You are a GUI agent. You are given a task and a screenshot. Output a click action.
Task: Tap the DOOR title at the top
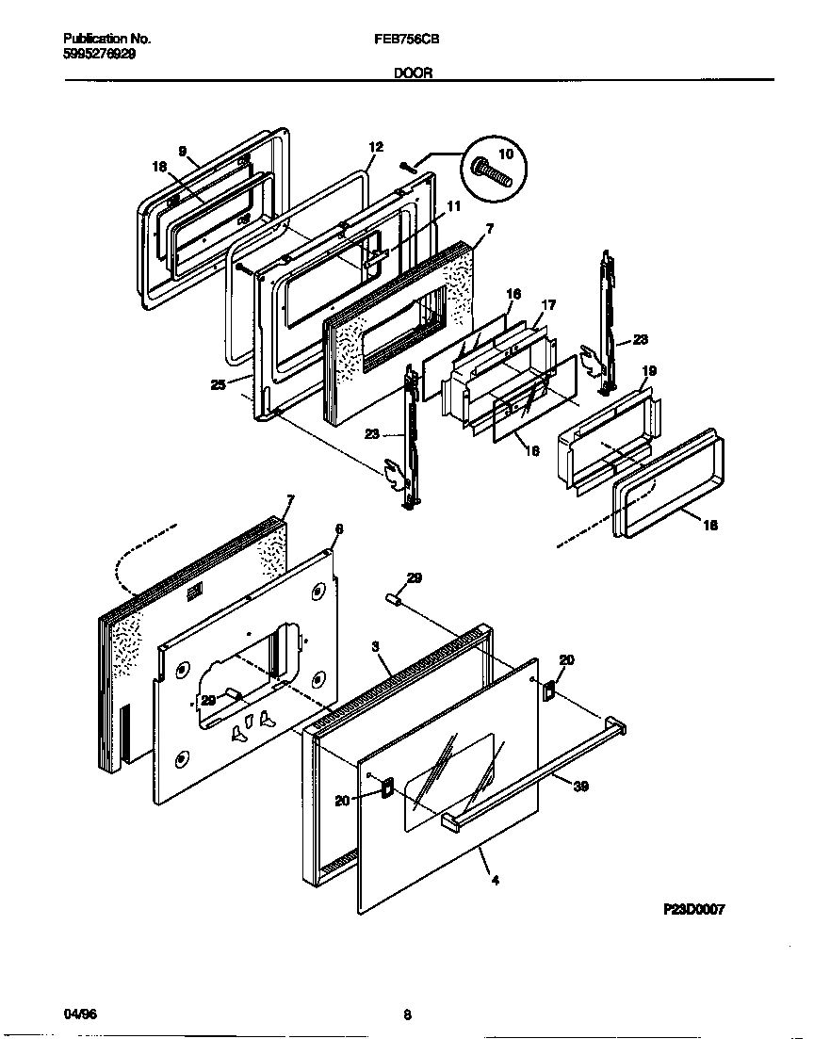click(x=413, y=73)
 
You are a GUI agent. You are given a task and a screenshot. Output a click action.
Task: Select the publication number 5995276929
click(x=99, y=55)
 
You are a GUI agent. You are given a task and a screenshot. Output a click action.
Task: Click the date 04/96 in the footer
click(x=80, y=1015)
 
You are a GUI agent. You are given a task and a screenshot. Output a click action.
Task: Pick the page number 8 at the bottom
click(x=407, y=1015)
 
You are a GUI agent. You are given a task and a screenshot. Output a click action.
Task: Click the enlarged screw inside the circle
click(x=494, y=171)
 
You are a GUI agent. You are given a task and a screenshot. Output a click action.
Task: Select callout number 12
click(x=376, y=147)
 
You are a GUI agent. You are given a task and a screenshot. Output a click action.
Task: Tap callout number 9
click(x=183, y=151)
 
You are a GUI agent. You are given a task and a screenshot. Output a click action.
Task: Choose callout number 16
click(x=513, y=294)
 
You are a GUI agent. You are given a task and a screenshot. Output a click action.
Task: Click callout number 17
click(x=548, y=304)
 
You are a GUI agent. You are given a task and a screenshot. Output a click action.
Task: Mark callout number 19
click(x=649, y=371)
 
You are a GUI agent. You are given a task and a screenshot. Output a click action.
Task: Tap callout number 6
click(x=339, y=529)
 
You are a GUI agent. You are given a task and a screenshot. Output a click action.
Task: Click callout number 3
click(x=375, y=647)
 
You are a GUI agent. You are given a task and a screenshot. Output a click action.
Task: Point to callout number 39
click(x=581, y=786)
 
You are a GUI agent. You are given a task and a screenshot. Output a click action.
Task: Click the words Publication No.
click(x=106, y=40)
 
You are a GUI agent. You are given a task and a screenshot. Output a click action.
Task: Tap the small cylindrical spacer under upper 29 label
click(x=396, y=600)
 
